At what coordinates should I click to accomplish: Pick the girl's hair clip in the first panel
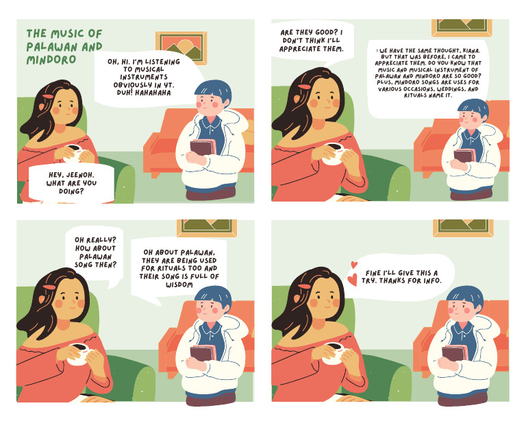pos(48,97)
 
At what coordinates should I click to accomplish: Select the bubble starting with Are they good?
pos(312,40)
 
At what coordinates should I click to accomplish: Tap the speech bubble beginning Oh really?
pos(96,253)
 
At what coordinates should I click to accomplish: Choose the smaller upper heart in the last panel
pos(354,265)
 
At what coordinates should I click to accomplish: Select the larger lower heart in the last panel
pos(352,280)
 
